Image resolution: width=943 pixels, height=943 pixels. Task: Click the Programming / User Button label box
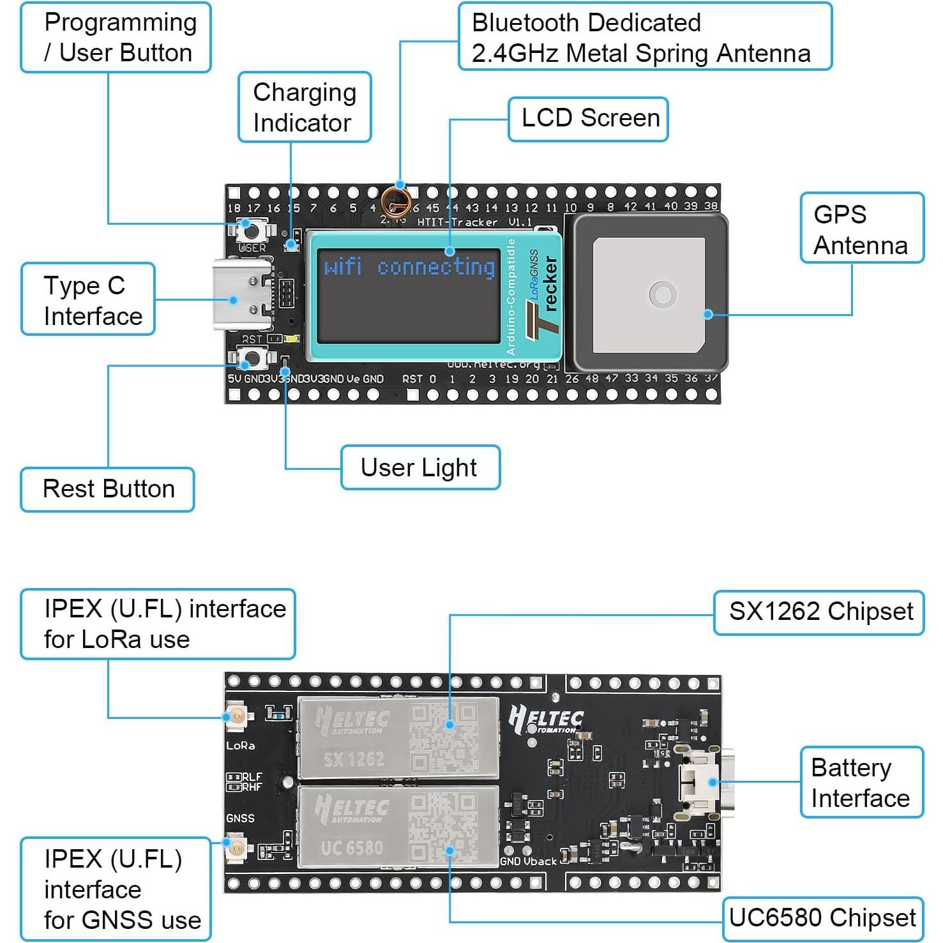(116, 38)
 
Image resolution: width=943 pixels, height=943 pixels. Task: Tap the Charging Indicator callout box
(305, 107)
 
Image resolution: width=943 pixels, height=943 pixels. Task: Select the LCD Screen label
(588, 119)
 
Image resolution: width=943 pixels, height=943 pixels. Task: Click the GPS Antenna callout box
(861, 228)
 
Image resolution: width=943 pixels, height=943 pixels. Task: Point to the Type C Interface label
(88, 299)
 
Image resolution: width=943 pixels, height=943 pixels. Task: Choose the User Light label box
(420, 467)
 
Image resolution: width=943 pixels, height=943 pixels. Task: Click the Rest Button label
(107, 489)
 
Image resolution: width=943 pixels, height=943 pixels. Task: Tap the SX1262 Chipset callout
(819, 612)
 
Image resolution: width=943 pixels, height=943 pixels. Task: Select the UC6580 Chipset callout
(822, 918)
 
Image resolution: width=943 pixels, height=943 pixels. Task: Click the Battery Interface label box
(861, 782)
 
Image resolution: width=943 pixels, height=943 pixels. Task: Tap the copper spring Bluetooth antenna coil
(395, 202)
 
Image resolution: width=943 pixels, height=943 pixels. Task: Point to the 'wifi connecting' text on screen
(409, 267)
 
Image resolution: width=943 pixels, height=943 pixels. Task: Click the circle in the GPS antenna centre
(662, 295)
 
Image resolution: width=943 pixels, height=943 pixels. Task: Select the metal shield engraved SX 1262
(398, 737)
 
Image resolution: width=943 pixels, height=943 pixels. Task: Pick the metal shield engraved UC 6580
(398, 827)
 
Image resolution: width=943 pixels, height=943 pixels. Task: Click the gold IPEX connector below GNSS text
(236, 849)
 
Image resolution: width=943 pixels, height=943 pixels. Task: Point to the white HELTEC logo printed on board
(547, 720)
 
